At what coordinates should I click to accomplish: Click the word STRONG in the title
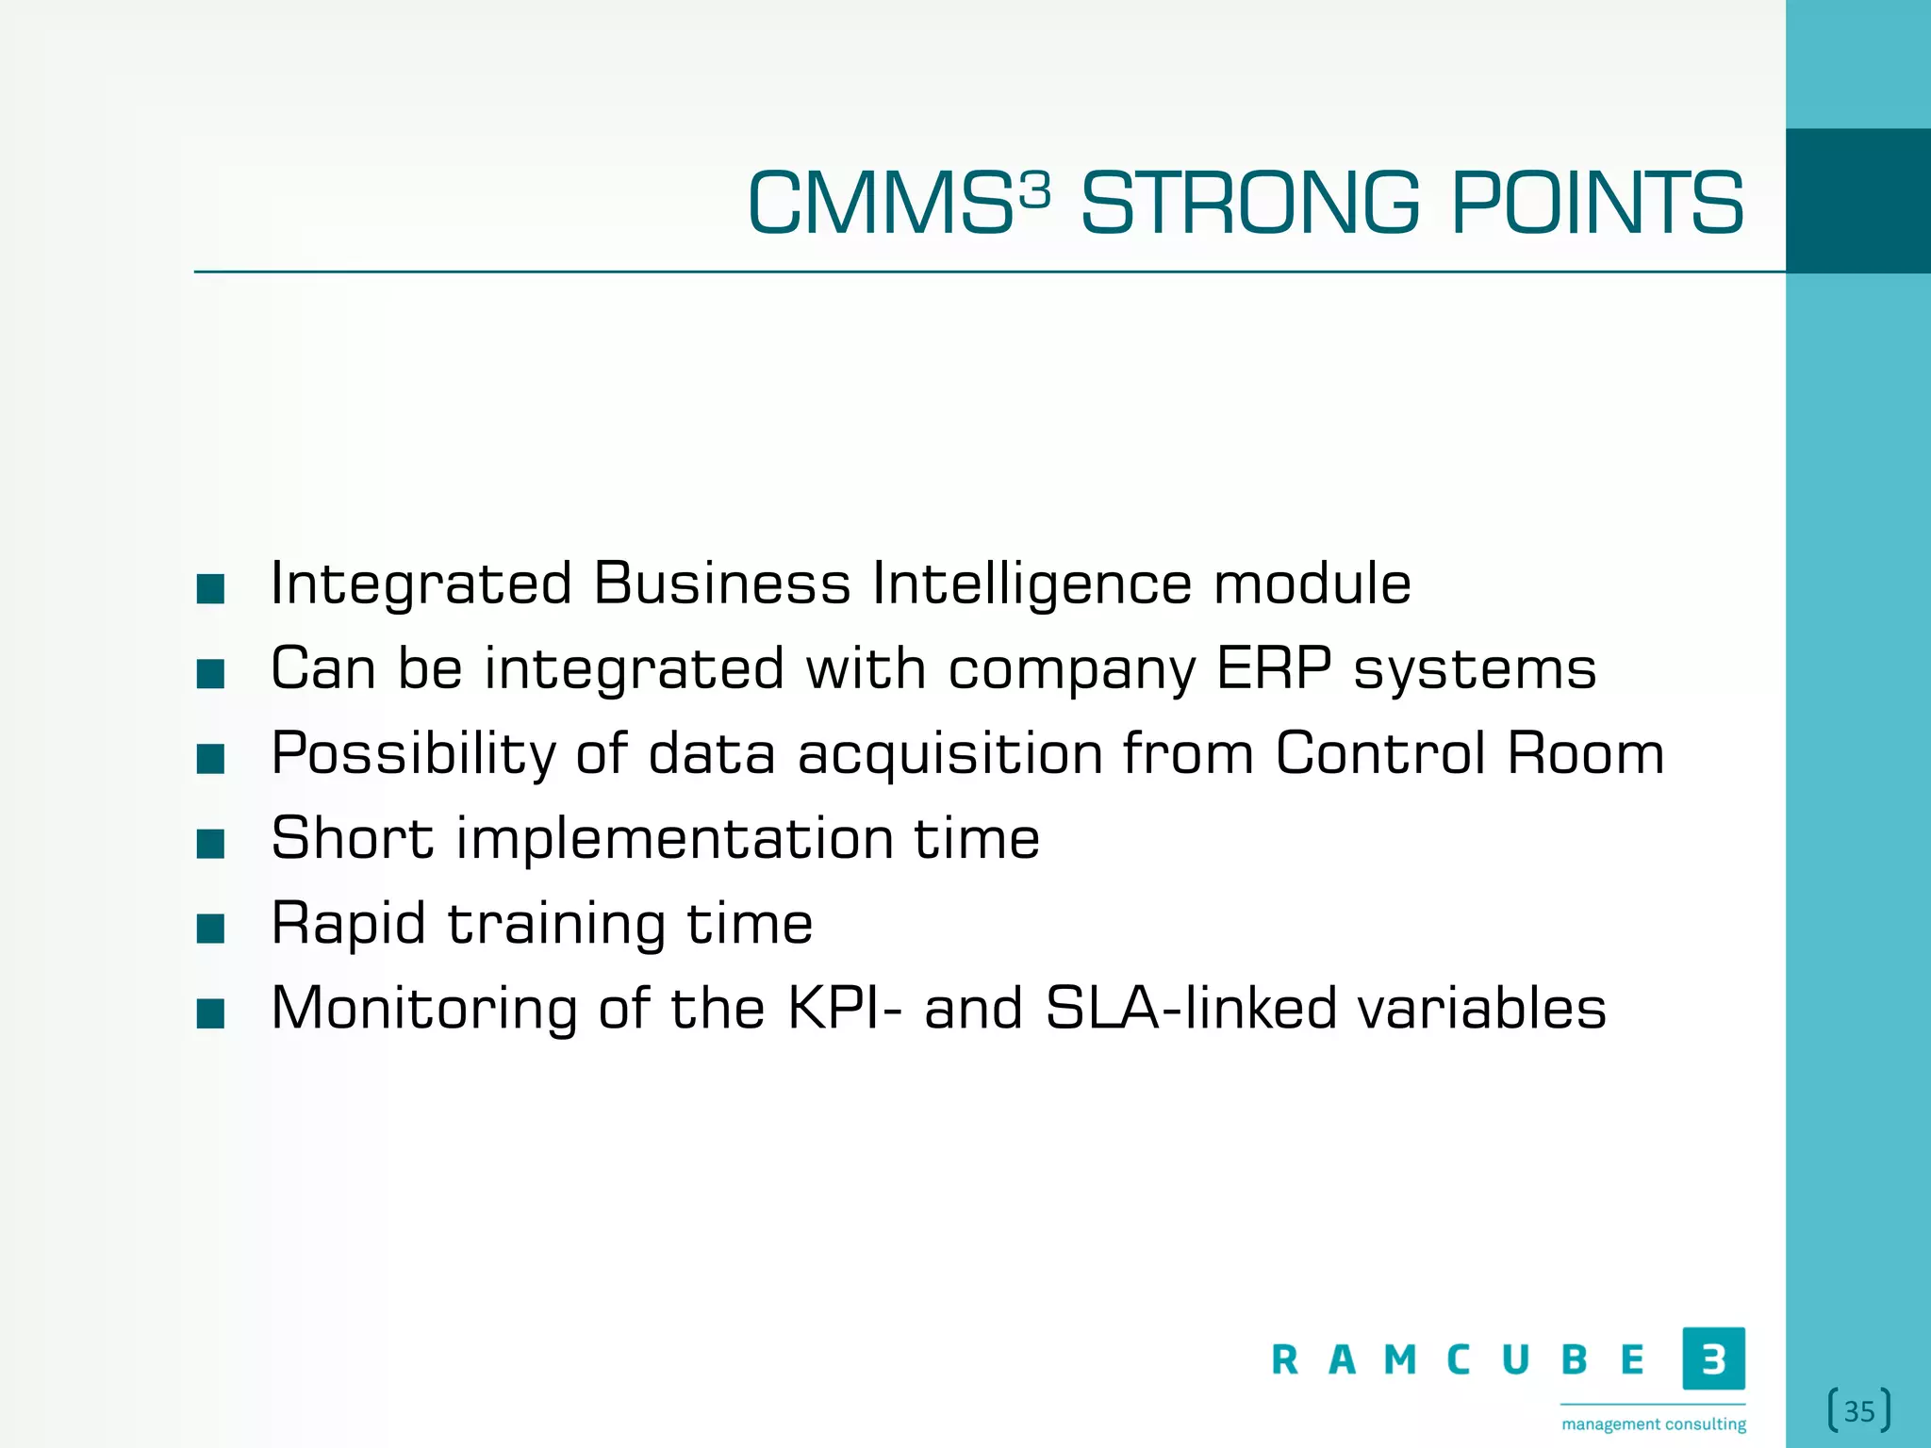pos(1249,204)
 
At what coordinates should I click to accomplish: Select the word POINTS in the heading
pos(1596,204)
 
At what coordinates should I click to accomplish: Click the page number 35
pos(1858,1411)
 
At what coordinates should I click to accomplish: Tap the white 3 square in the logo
pos(1713,1358)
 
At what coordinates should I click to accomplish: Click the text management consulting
pos(1654,1423)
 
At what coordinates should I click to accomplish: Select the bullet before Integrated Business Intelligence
pos(210,589)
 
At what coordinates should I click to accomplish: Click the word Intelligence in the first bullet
pos(1032,584)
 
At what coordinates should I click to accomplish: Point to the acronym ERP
pos(1274,668)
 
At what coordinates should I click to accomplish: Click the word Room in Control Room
pos(1585,753)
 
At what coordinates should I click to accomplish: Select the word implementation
pos(674,838)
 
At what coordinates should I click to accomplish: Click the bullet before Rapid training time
pos(210,929)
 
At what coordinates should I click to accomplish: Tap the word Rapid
pos(348,923)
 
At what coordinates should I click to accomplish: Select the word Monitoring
pos(423,1009)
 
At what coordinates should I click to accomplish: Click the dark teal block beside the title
pos(1857,201)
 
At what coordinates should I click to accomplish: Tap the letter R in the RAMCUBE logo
pos(1284,1360)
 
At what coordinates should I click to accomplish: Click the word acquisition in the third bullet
pos(950,754)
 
